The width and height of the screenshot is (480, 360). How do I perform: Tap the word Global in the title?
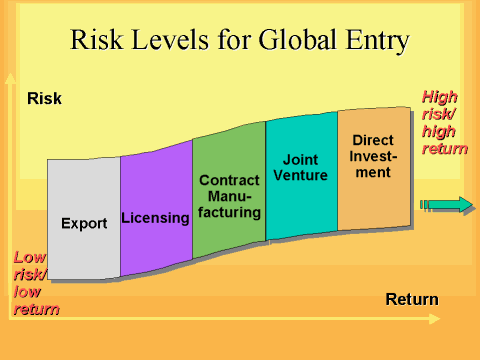coord(288,41)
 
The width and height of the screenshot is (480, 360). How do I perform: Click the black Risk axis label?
coord(44,98)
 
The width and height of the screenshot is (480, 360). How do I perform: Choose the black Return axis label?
coord(412,299)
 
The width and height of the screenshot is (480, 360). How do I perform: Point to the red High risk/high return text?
coord(445,122)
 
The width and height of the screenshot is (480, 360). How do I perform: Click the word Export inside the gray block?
coord(84,223)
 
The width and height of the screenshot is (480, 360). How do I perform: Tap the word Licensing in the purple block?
coord(156,217)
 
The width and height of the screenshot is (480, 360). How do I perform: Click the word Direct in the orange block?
coord(373,140)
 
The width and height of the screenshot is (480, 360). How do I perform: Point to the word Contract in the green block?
coord(230,180)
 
